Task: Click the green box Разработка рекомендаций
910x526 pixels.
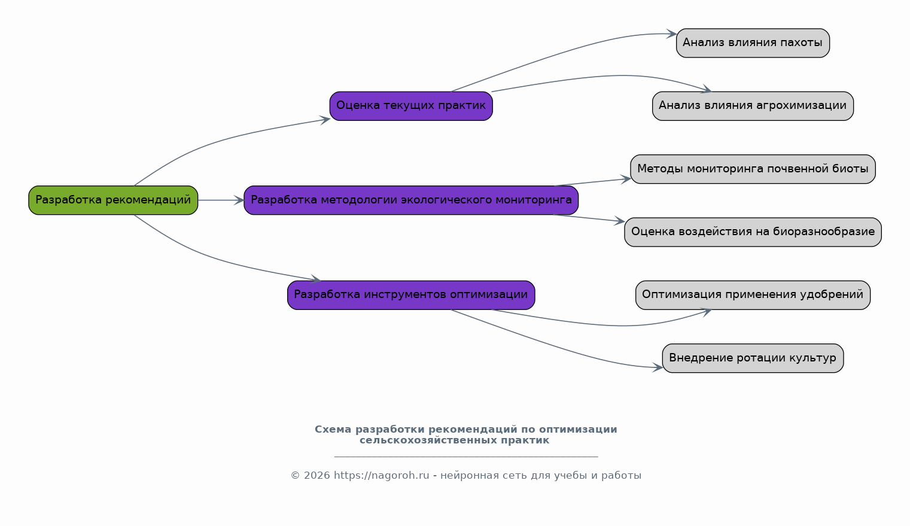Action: pos(113,200)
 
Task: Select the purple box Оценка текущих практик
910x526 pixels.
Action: pos(410,106)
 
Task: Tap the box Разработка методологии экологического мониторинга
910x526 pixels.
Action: pos(410,200)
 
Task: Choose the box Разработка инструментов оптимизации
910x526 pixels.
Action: pos(410,295)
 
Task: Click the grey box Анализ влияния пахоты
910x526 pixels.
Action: pos(753,43)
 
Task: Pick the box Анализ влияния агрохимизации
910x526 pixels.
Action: pos(753,106)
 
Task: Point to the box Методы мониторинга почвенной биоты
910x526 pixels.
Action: pos(753,169)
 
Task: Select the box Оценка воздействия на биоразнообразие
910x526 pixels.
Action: pos(753,232)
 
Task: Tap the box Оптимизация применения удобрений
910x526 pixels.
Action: pos(753,295)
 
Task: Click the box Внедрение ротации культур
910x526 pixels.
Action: pos(753,358)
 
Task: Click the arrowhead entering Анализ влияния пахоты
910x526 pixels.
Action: pos(671,34)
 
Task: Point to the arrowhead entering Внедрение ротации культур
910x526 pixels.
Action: pos(658,367)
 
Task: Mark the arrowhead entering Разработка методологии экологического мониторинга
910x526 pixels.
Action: pos(239,200)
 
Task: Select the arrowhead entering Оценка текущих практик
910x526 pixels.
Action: pos(325,120)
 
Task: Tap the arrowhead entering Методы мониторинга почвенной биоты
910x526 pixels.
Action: pos(626,179)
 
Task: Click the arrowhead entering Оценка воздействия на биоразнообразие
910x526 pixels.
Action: pos(620,221)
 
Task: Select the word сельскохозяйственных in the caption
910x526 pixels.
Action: pos(428,440)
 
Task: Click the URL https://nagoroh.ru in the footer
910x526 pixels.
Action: pos(381,476)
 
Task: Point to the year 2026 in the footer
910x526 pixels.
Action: pos(316,476)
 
